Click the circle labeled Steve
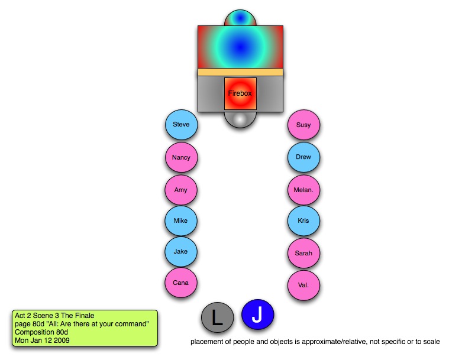point(181,125)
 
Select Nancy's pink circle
point(181,158)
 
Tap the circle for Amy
point(181,190)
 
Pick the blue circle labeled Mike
point(181,221)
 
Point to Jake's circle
point(181,252)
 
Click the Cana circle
point(181,283)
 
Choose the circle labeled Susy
point(303,125)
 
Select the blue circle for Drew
point(303,158)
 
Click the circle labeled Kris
point(303,221)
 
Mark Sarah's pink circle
point(303,254)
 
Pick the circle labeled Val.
point(303,286)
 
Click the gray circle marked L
point(217,318)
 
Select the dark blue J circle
point(257,314)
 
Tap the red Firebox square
point(240,93)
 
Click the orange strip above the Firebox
point(240,72)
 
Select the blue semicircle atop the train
point(240,18)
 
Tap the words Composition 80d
point(40,332)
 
